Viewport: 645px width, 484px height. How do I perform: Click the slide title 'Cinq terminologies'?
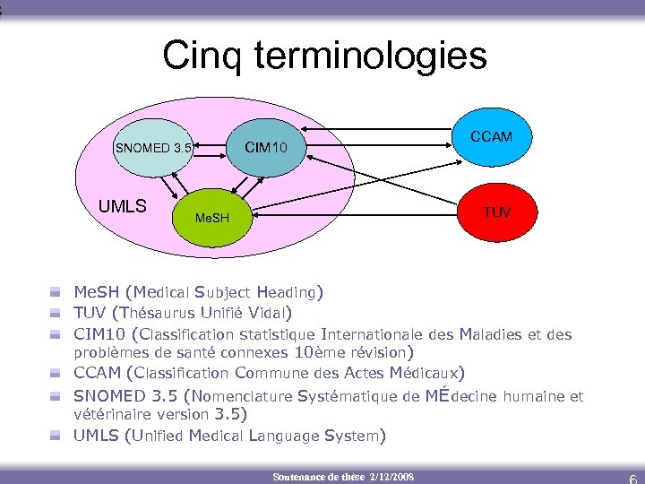point(324,56)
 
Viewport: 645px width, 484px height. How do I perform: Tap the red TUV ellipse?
point(496,212)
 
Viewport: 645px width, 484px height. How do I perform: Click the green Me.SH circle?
point(212,218)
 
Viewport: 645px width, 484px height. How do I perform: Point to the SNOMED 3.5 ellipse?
point(152,148)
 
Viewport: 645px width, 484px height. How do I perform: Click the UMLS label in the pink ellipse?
point(122,207)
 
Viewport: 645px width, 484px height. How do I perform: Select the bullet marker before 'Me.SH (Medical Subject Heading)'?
point(56,292)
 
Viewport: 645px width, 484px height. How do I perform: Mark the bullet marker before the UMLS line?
point(56,436)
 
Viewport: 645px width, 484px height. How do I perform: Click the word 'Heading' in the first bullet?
point(286,292)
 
